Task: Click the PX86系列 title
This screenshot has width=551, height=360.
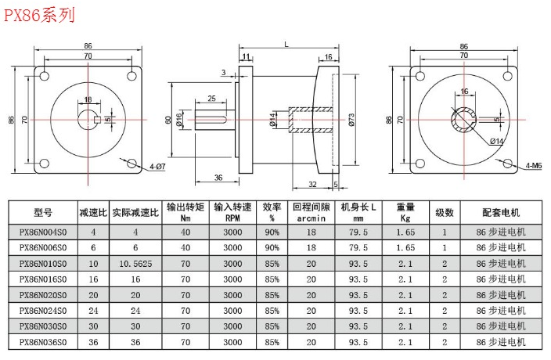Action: tap(39, 16)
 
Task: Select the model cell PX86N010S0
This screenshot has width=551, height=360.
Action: tap(43, 264)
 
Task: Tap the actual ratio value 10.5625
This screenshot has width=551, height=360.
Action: tap(135, 264)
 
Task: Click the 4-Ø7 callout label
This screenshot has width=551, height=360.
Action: tap(157, 167)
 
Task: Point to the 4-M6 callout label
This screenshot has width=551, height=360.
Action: tap(534, 165)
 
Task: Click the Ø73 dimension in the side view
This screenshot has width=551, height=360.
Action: tap(351, 120)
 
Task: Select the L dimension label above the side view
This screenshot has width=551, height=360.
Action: tap(286, 45)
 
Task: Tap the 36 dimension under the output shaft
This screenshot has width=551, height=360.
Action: tap(218, 178)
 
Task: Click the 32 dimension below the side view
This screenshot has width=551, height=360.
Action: tap(312, 184)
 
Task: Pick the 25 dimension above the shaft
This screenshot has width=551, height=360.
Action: tap(211, 99)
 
